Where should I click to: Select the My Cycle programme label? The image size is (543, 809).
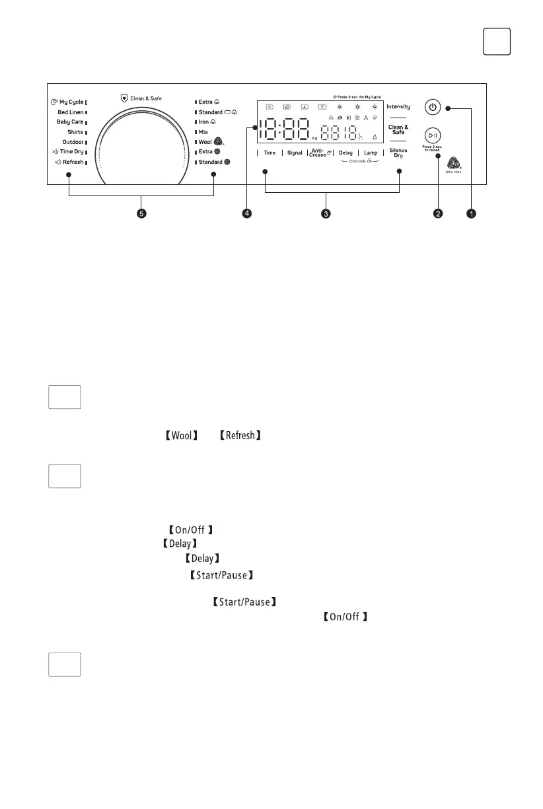68,102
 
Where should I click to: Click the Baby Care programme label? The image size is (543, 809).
69,122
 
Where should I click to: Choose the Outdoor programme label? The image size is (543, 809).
73,142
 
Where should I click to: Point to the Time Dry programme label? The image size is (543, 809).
68,152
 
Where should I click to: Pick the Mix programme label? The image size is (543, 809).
203,132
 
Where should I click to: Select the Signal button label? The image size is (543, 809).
295,153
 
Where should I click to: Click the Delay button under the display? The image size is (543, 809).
345,153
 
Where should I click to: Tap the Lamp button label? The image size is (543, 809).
371,153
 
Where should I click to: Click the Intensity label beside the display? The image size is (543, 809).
398,106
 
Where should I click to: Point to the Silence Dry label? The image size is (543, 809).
398,153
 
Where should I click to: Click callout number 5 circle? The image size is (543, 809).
141,213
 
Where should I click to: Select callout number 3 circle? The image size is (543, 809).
326,213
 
